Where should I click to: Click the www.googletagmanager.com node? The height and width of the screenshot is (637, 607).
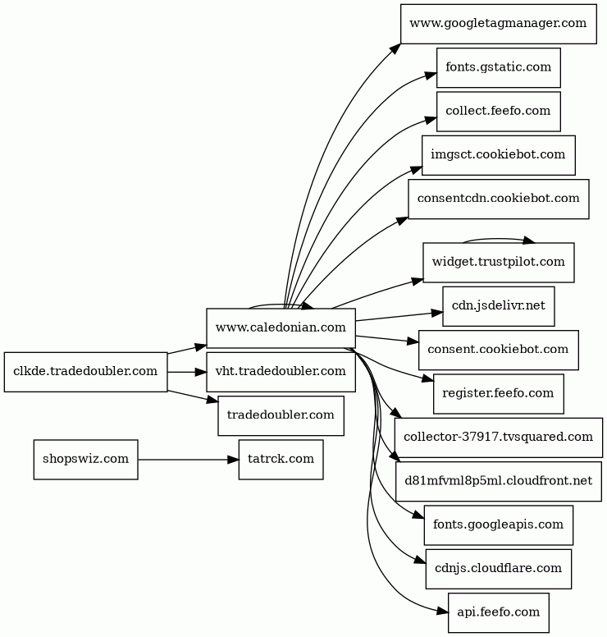point(498,23)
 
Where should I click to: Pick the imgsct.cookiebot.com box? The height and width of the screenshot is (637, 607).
point(498,154)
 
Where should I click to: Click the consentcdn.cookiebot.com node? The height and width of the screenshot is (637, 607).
point(498,198)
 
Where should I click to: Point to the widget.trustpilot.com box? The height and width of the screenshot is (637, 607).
point(498,262)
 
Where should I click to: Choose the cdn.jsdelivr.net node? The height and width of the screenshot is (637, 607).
point(498,305)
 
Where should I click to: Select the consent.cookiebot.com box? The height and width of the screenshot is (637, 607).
point(498,349)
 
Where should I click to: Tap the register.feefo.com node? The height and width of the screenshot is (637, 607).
point(498,393)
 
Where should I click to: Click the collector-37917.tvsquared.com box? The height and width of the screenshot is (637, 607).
point(498,437)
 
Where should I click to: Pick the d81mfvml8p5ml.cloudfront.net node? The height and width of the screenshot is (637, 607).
point(498,480)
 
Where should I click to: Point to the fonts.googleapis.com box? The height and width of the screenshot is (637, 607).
point(498,525)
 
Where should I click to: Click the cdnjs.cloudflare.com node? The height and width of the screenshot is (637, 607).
point(498,568)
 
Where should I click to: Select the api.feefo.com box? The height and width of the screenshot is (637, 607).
point(498,612)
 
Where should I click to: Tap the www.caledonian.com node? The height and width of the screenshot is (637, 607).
point(281,328)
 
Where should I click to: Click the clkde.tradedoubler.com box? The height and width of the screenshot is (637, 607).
point(85,372)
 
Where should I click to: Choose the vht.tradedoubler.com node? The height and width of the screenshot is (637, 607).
point(281,372)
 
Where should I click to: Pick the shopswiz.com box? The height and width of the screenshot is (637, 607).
point(85,459)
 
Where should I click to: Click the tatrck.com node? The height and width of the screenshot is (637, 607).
point(281,459)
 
